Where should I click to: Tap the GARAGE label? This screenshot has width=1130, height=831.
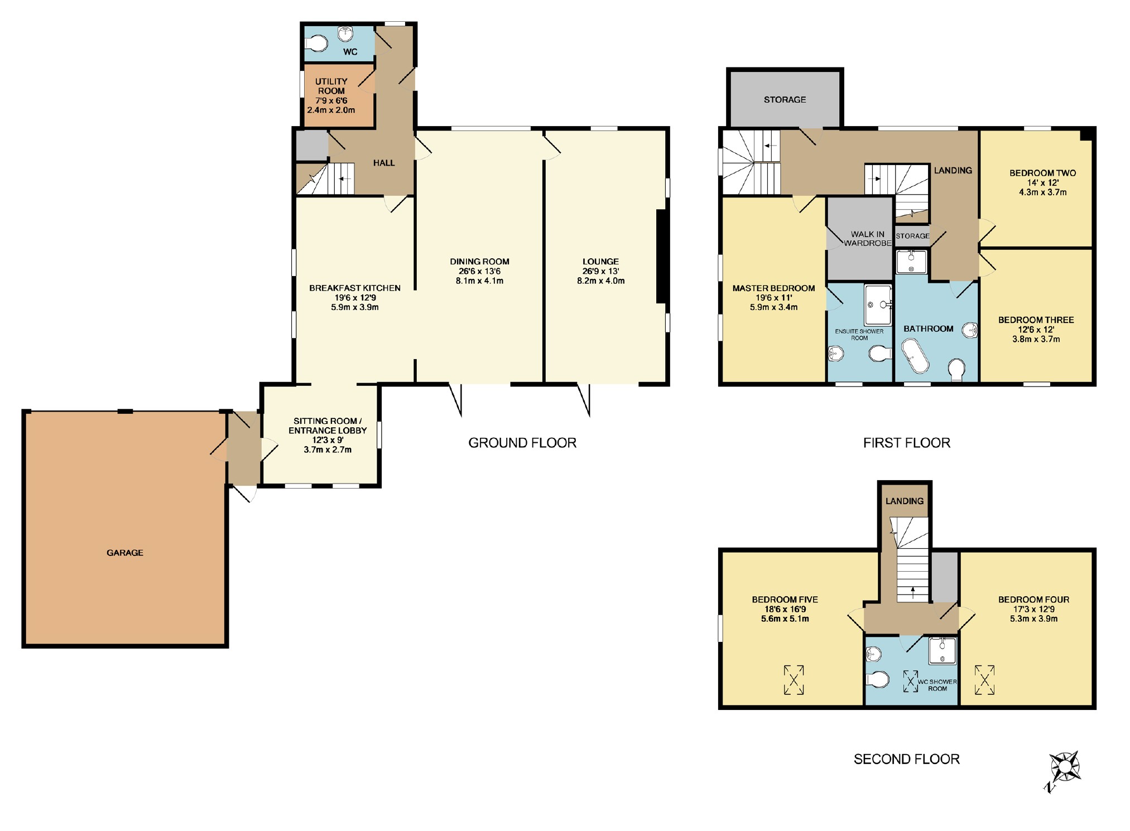(125, 553)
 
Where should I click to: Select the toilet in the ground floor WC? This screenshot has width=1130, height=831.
(316, 43)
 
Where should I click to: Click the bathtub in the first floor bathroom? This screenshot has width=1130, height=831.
(915, 356)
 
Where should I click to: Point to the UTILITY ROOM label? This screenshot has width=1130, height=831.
(331, 86)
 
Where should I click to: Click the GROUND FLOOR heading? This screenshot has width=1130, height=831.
(522, 443)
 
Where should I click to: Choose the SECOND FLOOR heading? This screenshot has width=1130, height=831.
(907, 759)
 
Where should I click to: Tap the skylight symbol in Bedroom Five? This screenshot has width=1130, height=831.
(794, 680)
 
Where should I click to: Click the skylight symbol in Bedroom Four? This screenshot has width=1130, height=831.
(984, 680)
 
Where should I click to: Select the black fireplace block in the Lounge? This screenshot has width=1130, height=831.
(662, 257)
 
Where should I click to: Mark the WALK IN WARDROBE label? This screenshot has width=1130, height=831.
(868, 239)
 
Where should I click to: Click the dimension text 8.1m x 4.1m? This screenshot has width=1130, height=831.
(480, 281)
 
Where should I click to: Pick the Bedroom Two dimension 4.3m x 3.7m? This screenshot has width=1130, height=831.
(1042, 192)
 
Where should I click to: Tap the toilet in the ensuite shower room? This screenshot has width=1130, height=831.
(881, 353)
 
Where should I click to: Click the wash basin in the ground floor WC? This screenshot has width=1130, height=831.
(346, 33)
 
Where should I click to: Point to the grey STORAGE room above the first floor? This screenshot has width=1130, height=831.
(785, 99)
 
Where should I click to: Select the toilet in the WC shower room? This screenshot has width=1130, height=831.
(877, 679)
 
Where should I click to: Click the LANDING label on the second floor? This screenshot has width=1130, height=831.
(905, 501)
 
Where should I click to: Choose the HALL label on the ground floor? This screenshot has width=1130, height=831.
(384, 163)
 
